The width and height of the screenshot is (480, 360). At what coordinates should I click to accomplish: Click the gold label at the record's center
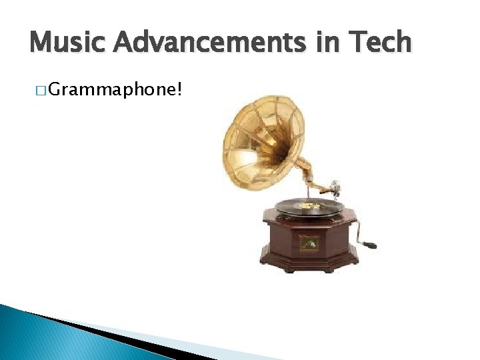tap(309, 207)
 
